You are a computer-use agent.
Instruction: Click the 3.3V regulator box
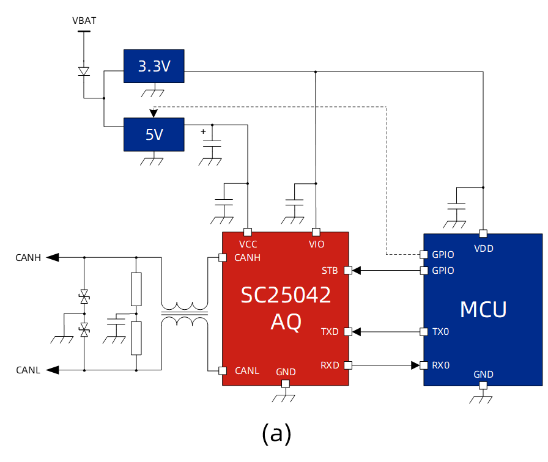(154, 67)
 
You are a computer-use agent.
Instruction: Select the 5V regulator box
(154, 134)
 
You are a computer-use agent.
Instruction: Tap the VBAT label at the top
(84, 21)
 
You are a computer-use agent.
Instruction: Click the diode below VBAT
(84, 71)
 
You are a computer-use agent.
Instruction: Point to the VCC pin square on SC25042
(248, 232)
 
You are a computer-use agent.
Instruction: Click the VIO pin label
(316, 244)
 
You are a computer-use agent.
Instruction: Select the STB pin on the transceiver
(348, 270)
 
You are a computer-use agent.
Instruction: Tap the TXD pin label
(330, 332)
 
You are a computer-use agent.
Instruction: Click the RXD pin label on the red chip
(330, 365)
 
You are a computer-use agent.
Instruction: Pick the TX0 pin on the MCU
(423, 332)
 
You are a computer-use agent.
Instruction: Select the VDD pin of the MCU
(483, 233)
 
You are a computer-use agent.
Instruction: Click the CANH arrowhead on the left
(53, 257)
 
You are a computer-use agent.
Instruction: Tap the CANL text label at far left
(28, 370)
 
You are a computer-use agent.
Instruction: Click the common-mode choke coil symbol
(184, 313)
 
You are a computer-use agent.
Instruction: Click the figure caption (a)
(276, 433)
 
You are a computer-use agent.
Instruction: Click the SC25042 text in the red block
(286, 295)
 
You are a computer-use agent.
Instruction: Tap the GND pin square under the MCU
(483, 386)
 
